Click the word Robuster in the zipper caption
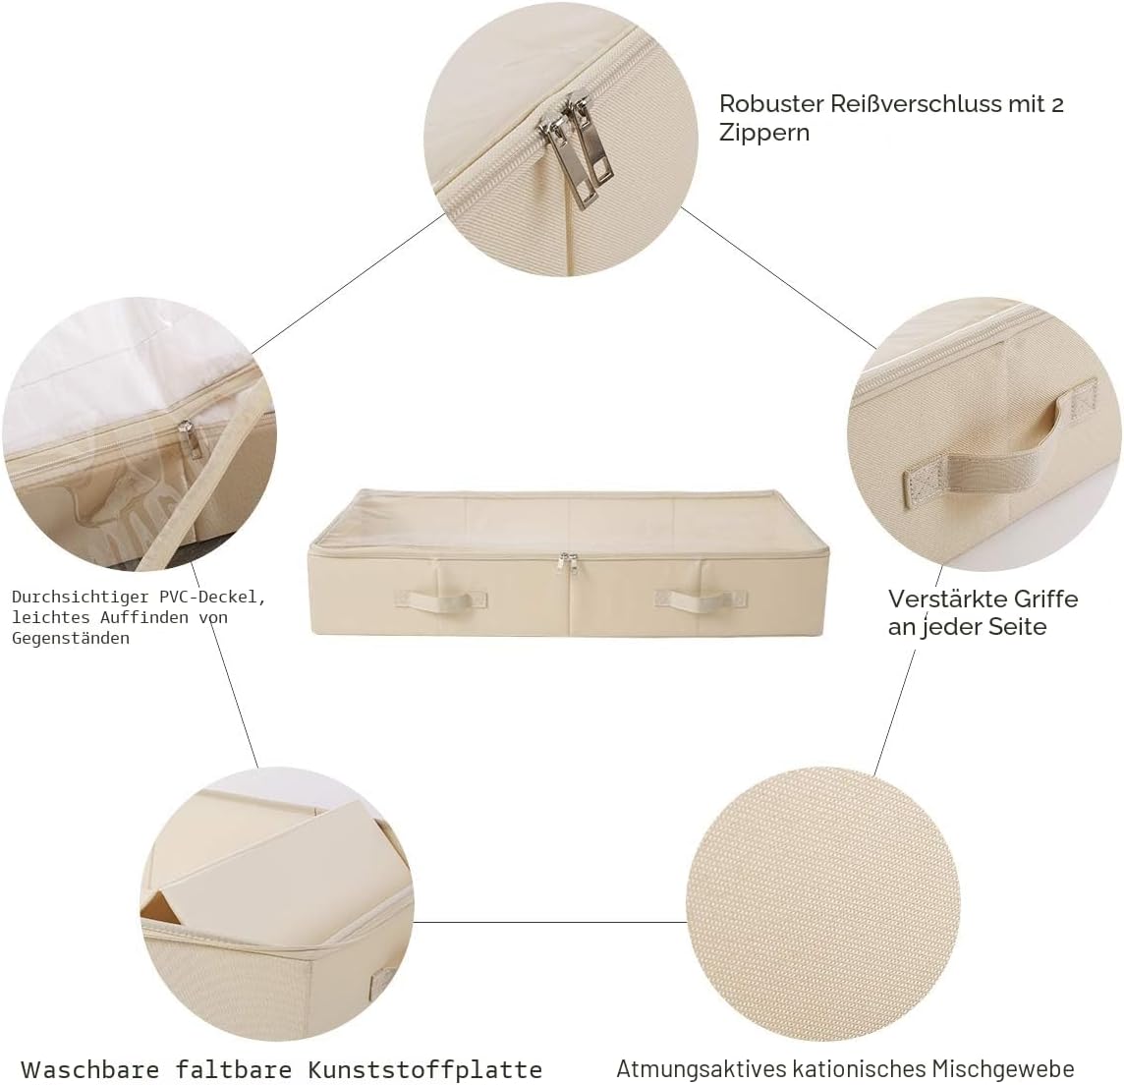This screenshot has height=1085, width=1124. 771,104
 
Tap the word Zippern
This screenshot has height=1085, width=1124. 764,134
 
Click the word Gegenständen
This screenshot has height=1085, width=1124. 71,639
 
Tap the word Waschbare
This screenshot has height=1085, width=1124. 90,1069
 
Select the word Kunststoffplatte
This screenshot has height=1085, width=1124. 425,1069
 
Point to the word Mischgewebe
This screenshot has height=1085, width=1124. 1003,1069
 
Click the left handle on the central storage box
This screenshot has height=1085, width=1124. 440,600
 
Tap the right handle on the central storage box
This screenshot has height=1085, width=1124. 701,600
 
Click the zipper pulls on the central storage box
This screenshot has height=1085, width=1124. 569,563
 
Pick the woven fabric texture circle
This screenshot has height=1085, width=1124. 823,903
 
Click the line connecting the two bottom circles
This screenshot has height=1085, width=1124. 550,922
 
